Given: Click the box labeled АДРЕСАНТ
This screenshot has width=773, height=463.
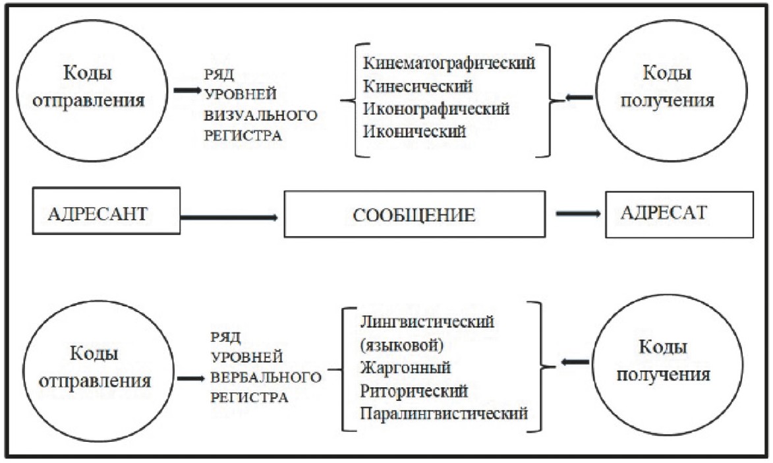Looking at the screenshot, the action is [x=106, y=211].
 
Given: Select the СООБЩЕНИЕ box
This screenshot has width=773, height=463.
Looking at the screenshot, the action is [x=415, y=214].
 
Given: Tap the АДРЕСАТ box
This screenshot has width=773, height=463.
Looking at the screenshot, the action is [x=679, y=215].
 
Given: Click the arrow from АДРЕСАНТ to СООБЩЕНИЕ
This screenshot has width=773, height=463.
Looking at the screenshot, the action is [x=229, y=217].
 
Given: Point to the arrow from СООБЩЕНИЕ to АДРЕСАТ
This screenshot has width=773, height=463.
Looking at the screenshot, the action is [x=579, y=214].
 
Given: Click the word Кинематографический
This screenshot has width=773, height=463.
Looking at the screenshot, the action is [x=449, y=63].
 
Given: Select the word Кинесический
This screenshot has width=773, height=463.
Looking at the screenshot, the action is [x=418, y=86].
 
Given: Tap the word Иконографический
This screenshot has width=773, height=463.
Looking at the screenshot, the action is [x=436, y=109].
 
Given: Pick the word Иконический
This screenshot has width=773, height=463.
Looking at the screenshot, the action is [x=414, y=131].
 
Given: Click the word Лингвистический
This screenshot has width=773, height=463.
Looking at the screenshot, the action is [x=427, y=322].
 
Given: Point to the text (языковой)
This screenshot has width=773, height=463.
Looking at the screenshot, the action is [x=401, y=344].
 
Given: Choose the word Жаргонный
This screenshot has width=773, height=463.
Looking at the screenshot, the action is [x=405, y=368].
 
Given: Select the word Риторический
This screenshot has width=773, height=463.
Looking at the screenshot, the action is [x=414, y=391].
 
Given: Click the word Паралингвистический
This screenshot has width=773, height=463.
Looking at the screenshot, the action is [x=444, y=413].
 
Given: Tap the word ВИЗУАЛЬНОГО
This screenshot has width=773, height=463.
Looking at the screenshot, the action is [x=261, y=115].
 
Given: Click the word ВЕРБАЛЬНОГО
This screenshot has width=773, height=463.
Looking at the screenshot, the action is [x=266, y=378].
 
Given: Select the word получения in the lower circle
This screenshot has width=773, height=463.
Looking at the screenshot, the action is [x=663, y=375].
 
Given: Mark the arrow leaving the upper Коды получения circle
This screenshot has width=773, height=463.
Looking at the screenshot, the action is [x=579, y=98].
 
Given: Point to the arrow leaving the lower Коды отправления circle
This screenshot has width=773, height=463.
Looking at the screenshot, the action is [x=191, y=379].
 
